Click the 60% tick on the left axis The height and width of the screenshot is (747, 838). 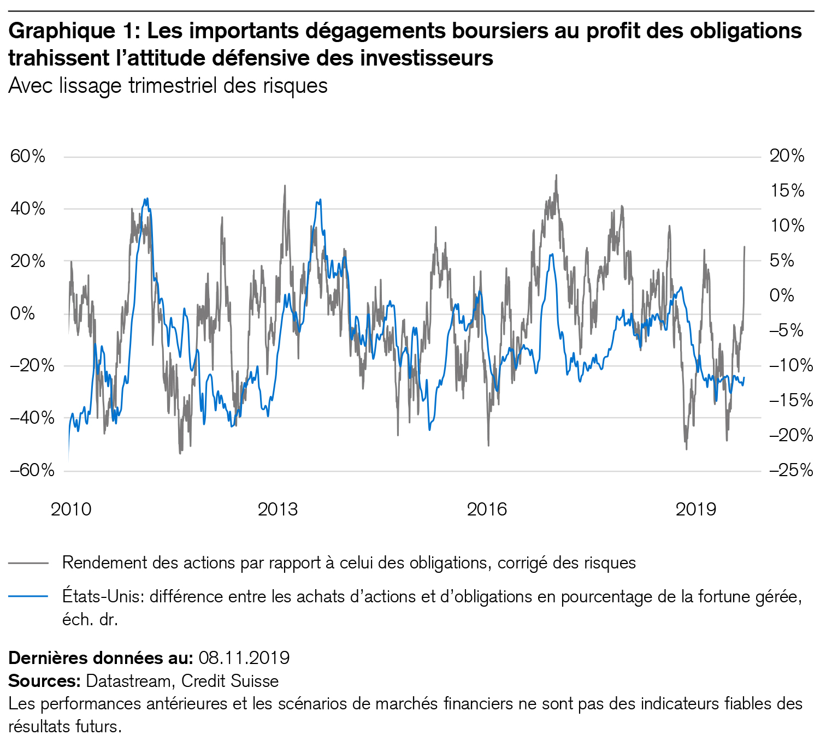[x=27, y=157]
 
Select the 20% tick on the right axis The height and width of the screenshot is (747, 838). [x=787, y=157]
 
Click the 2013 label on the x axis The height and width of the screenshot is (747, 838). [x=278, y=509]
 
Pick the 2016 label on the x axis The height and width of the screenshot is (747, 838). [x=487, y=509]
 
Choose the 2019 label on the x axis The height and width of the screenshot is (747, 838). [x=696, y=509]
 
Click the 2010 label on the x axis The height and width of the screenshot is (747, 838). [x=71, y=509]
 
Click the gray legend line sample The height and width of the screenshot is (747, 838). [x=28, y=562]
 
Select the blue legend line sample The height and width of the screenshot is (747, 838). [x=28, y=596]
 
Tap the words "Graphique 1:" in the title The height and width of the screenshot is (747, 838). [x=75, y=32]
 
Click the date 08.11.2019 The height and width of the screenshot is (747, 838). [x=244, y=657]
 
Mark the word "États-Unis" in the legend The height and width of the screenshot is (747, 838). [x=103, y=596]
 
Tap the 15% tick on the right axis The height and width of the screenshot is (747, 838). [x=787, y=191]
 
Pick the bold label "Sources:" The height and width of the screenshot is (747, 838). [x=45, y=681]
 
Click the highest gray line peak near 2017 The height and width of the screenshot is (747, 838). [x=556, y=176]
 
